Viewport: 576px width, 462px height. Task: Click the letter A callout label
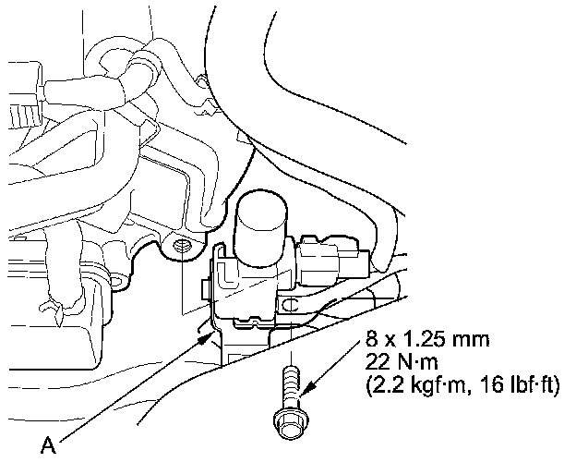click(48, 445)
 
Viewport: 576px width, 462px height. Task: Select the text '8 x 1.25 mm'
click(427, 339)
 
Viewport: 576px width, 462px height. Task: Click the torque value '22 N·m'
click(402, 363)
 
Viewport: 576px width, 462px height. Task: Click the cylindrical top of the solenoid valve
click(261, 222)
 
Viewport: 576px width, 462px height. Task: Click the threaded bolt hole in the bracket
click(181, 245)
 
